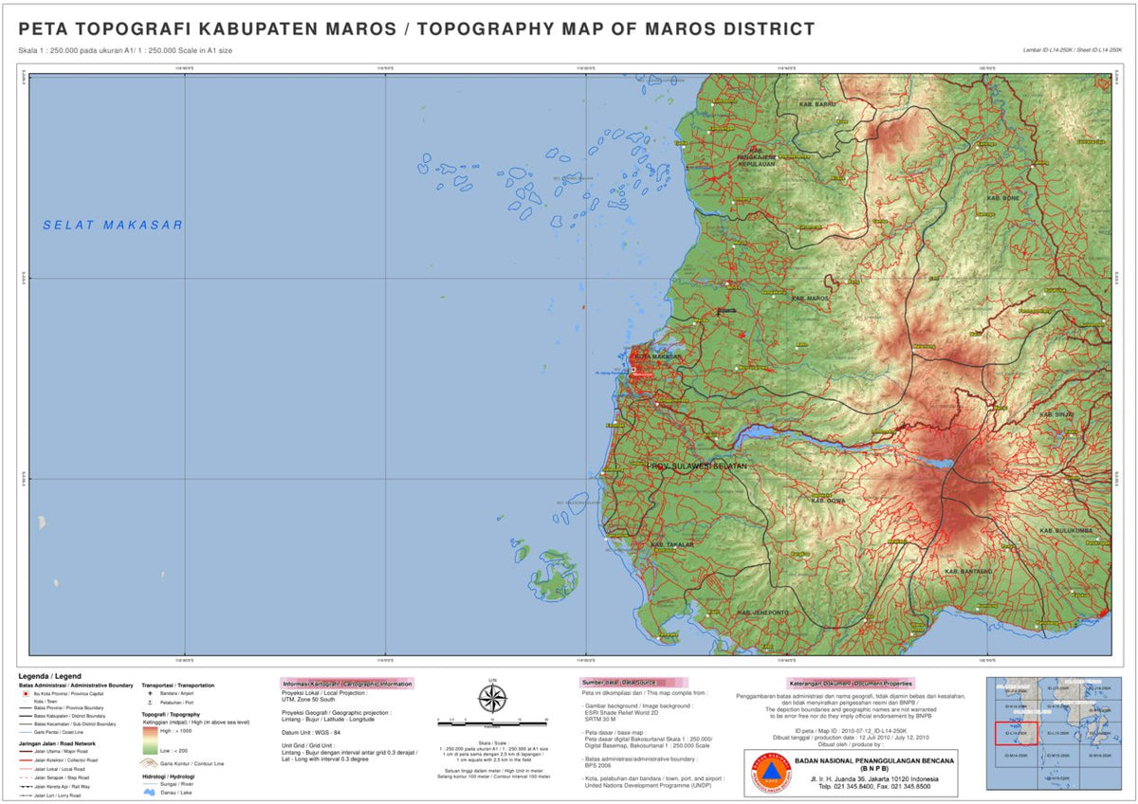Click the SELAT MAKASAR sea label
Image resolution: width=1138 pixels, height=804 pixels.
pyautogui.click(x=113, y=225)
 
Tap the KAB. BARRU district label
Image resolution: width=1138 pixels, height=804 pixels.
pyautogui.click(x=818, y=104)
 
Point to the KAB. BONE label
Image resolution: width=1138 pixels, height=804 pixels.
pyautogui.click(x=1003, y=198)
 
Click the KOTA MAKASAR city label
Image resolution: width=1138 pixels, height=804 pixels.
pyautogui.click(x=657, y=356)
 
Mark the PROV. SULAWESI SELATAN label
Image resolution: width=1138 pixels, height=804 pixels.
pyautogui.click(x=697, y=466)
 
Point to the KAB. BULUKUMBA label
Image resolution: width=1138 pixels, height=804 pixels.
pyautogui.click(x=1067, y=530)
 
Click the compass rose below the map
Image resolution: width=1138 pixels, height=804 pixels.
pyautogui.click(x=492, y=700)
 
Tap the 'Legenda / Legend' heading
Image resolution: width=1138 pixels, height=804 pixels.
pyautogui.click(x=44, y=676)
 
